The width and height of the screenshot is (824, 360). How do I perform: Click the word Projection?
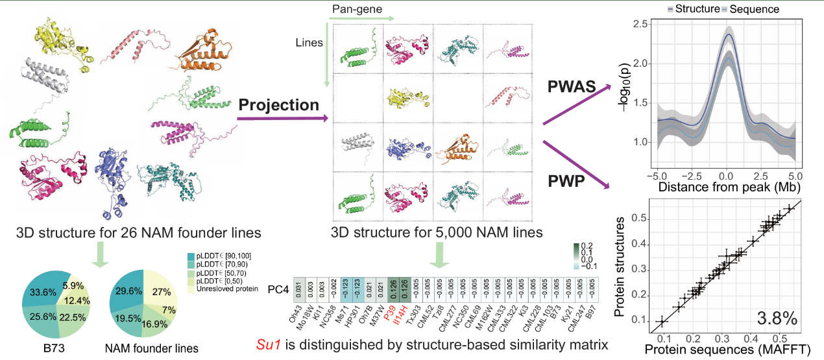[279, 105]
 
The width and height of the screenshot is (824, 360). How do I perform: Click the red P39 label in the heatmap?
[391, 313]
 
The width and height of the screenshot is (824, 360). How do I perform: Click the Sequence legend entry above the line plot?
[752, 10]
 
